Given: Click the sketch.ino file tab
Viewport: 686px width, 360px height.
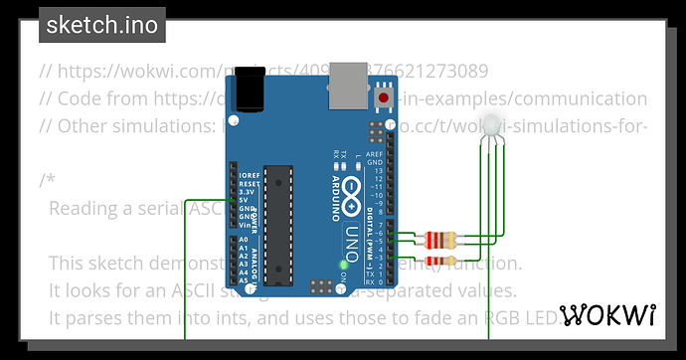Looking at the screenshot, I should coord(102,25).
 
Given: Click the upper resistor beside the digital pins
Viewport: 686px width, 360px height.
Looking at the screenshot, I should coord(441,239).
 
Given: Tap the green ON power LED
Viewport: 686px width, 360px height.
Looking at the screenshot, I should coord(343,265).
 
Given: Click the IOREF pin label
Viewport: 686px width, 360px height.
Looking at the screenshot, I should coord(250,175).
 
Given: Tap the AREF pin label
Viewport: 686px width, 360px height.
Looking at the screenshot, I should coord(375,156).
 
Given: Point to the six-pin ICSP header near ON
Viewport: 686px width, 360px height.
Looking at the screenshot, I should coord(321,286).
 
